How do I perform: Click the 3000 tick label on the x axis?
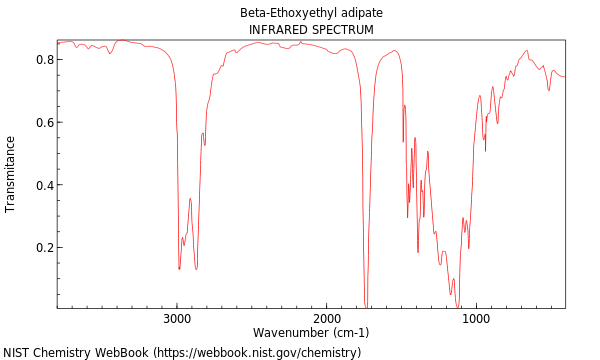click(x=177, y=319)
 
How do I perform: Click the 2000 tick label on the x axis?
click(x=327, y=319)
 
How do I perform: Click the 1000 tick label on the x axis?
click(x=476, y=319)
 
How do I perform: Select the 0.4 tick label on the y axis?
click(x=43, y=186)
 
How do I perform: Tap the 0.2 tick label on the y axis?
click(x=43, y=248)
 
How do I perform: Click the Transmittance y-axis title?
click(x=11, y=174)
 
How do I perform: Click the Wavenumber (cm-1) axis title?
click(x=311, y=333)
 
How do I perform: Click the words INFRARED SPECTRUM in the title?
click(x=311, y=30)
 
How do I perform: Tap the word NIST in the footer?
click(x=17, y=353)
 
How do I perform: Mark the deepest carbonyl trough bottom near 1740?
click(x=365, y=304)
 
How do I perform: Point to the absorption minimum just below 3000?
click(x=179, y=269)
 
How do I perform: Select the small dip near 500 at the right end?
click(x=548, y=91)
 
